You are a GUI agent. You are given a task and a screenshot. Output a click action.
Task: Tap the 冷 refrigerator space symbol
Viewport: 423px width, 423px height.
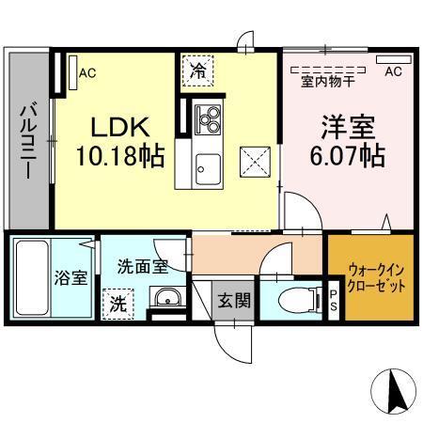198,70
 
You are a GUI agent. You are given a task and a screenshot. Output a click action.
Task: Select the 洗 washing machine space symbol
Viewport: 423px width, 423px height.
117,304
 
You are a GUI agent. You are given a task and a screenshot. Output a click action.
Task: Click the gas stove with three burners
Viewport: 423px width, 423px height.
208,120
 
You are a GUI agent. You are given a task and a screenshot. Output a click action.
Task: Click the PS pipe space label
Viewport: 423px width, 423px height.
334,299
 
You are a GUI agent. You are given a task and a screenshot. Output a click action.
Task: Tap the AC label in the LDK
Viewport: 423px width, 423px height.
86,72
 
